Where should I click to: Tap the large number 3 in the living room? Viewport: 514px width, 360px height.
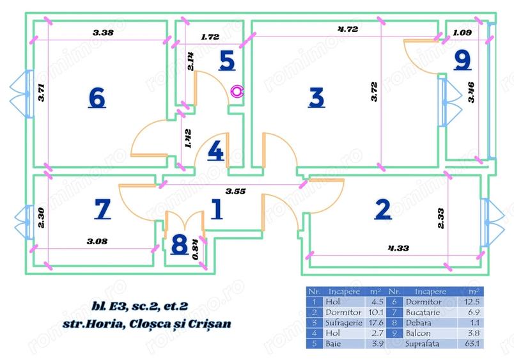tap(316, 97)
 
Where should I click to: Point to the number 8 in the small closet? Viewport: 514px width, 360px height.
tap(180, 245)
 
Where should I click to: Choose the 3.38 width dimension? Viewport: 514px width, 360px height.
tap(103, 32)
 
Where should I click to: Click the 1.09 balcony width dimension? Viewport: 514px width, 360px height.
tap(462, 32)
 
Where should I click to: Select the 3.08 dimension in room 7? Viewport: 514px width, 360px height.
tap(97, 241)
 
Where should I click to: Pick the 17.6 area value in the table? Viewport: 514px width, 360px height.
tap(374, 322)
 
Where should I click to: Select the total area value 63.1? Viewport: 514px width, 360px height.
tap(474, 343)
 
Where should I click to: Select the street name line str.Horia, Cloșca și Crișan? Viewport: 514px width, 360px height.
tap(147, 324)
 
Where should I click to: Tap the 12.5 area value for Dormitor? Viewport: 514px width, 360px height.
tap(474, 301)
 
